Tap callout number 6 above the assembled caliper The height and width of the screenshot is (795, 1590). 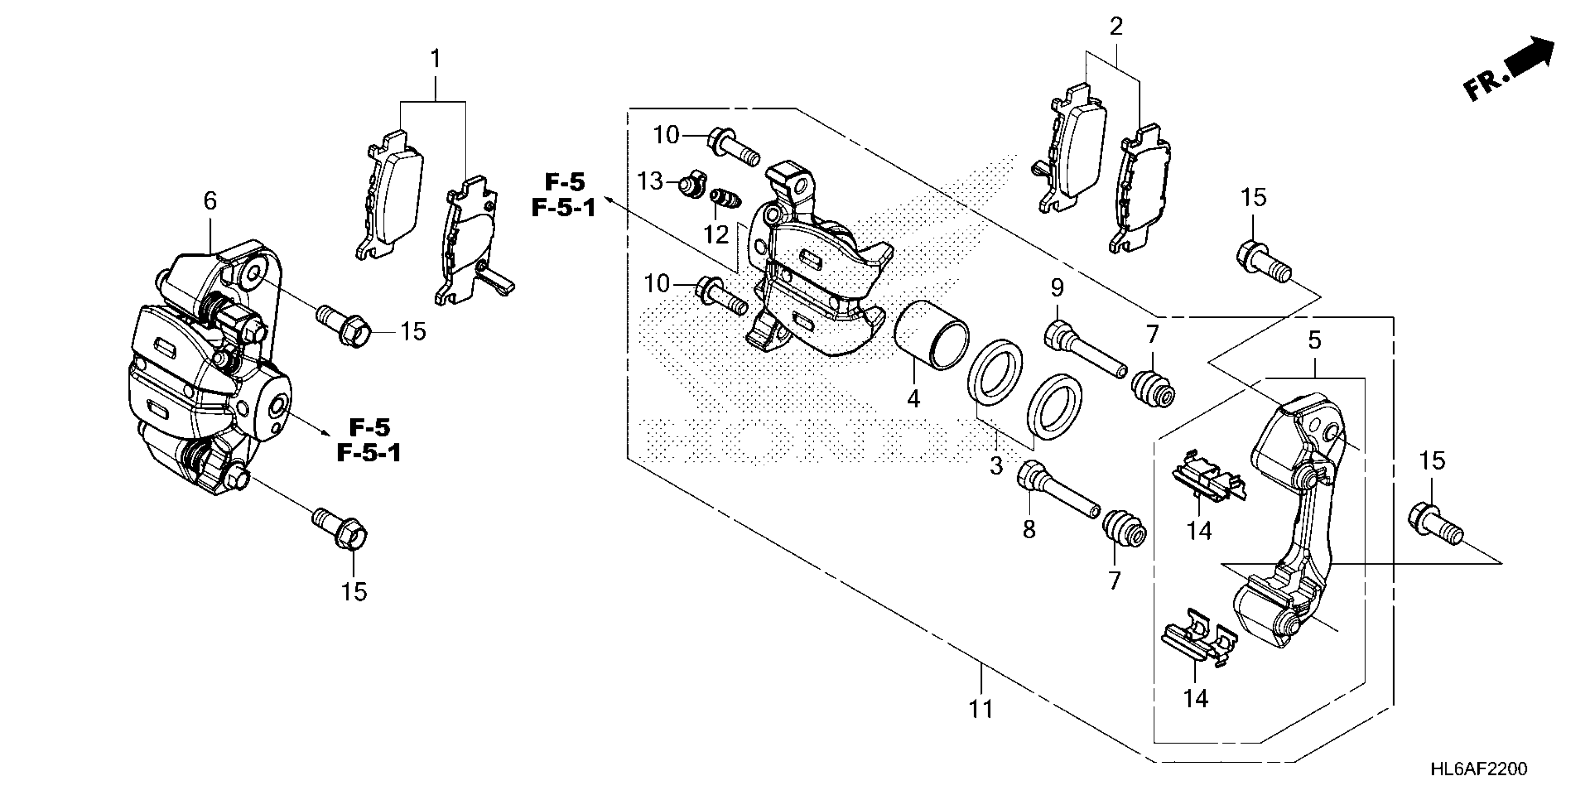coord(210,201)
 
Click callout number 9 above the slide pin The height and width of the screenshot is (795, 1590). coord(1057,288)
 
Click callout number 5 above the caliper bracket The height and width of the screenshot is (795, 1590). coord(1314,340)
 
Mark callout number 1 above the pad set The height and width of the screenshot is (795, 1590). coord(436,59)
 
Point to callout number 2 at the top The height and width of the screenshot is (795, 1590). coord(1115,27)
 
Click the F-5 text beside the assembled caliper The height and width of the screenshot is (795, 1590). coord(370,427)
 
